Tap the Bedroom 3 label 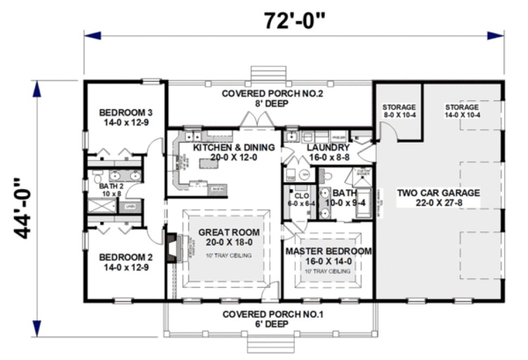tap(126, 117)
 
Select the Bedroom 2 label tap(126, 262)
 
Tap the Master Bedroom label tap(329, 256)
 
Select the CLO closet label tap(297, 199)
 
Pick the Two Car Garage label tap(438, 197)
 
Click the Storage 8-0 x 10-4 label tap(398, 111)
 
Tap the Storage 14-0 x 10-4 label tap(462, 111)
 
